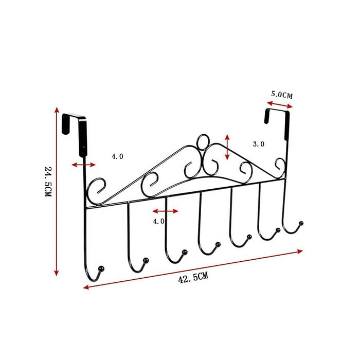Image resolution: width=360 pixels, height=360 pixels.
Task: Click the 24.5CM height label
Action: point(47,183)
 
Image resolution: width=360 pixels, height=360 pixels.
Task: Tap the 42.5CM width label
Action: point(193,278)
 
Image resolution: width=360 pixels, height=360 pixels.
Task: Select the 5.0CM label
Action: point(282,94)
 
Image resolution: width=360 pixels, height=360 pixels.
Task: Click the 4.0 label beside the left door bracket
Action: point(117,155)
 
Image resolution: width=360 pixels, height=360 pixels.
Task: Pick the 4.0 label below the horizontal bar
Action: point(158,221)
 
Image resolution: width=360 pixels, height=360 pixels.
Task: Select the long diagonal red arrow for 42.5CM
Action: point(193,266)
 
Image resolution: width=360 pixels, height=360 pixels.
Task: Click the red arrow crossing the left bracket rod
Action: point(83,165)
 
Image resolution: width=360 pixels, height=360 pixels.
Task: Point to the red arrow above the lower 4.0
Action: point(166,211)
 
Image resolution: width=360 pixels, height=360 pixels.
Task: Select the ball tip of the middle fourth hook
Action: point(218,243)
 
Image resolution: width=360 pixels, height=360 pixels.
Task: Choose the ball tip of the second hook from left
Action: point(146,260)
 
